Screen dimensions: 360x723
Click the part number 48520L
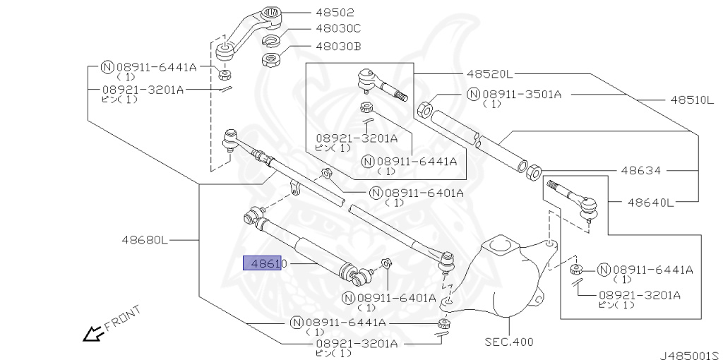[489, 73]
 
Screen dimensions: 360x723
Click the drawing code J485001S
[689, 355]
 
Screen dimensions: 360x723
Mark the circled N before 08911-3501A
[473, 94]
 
